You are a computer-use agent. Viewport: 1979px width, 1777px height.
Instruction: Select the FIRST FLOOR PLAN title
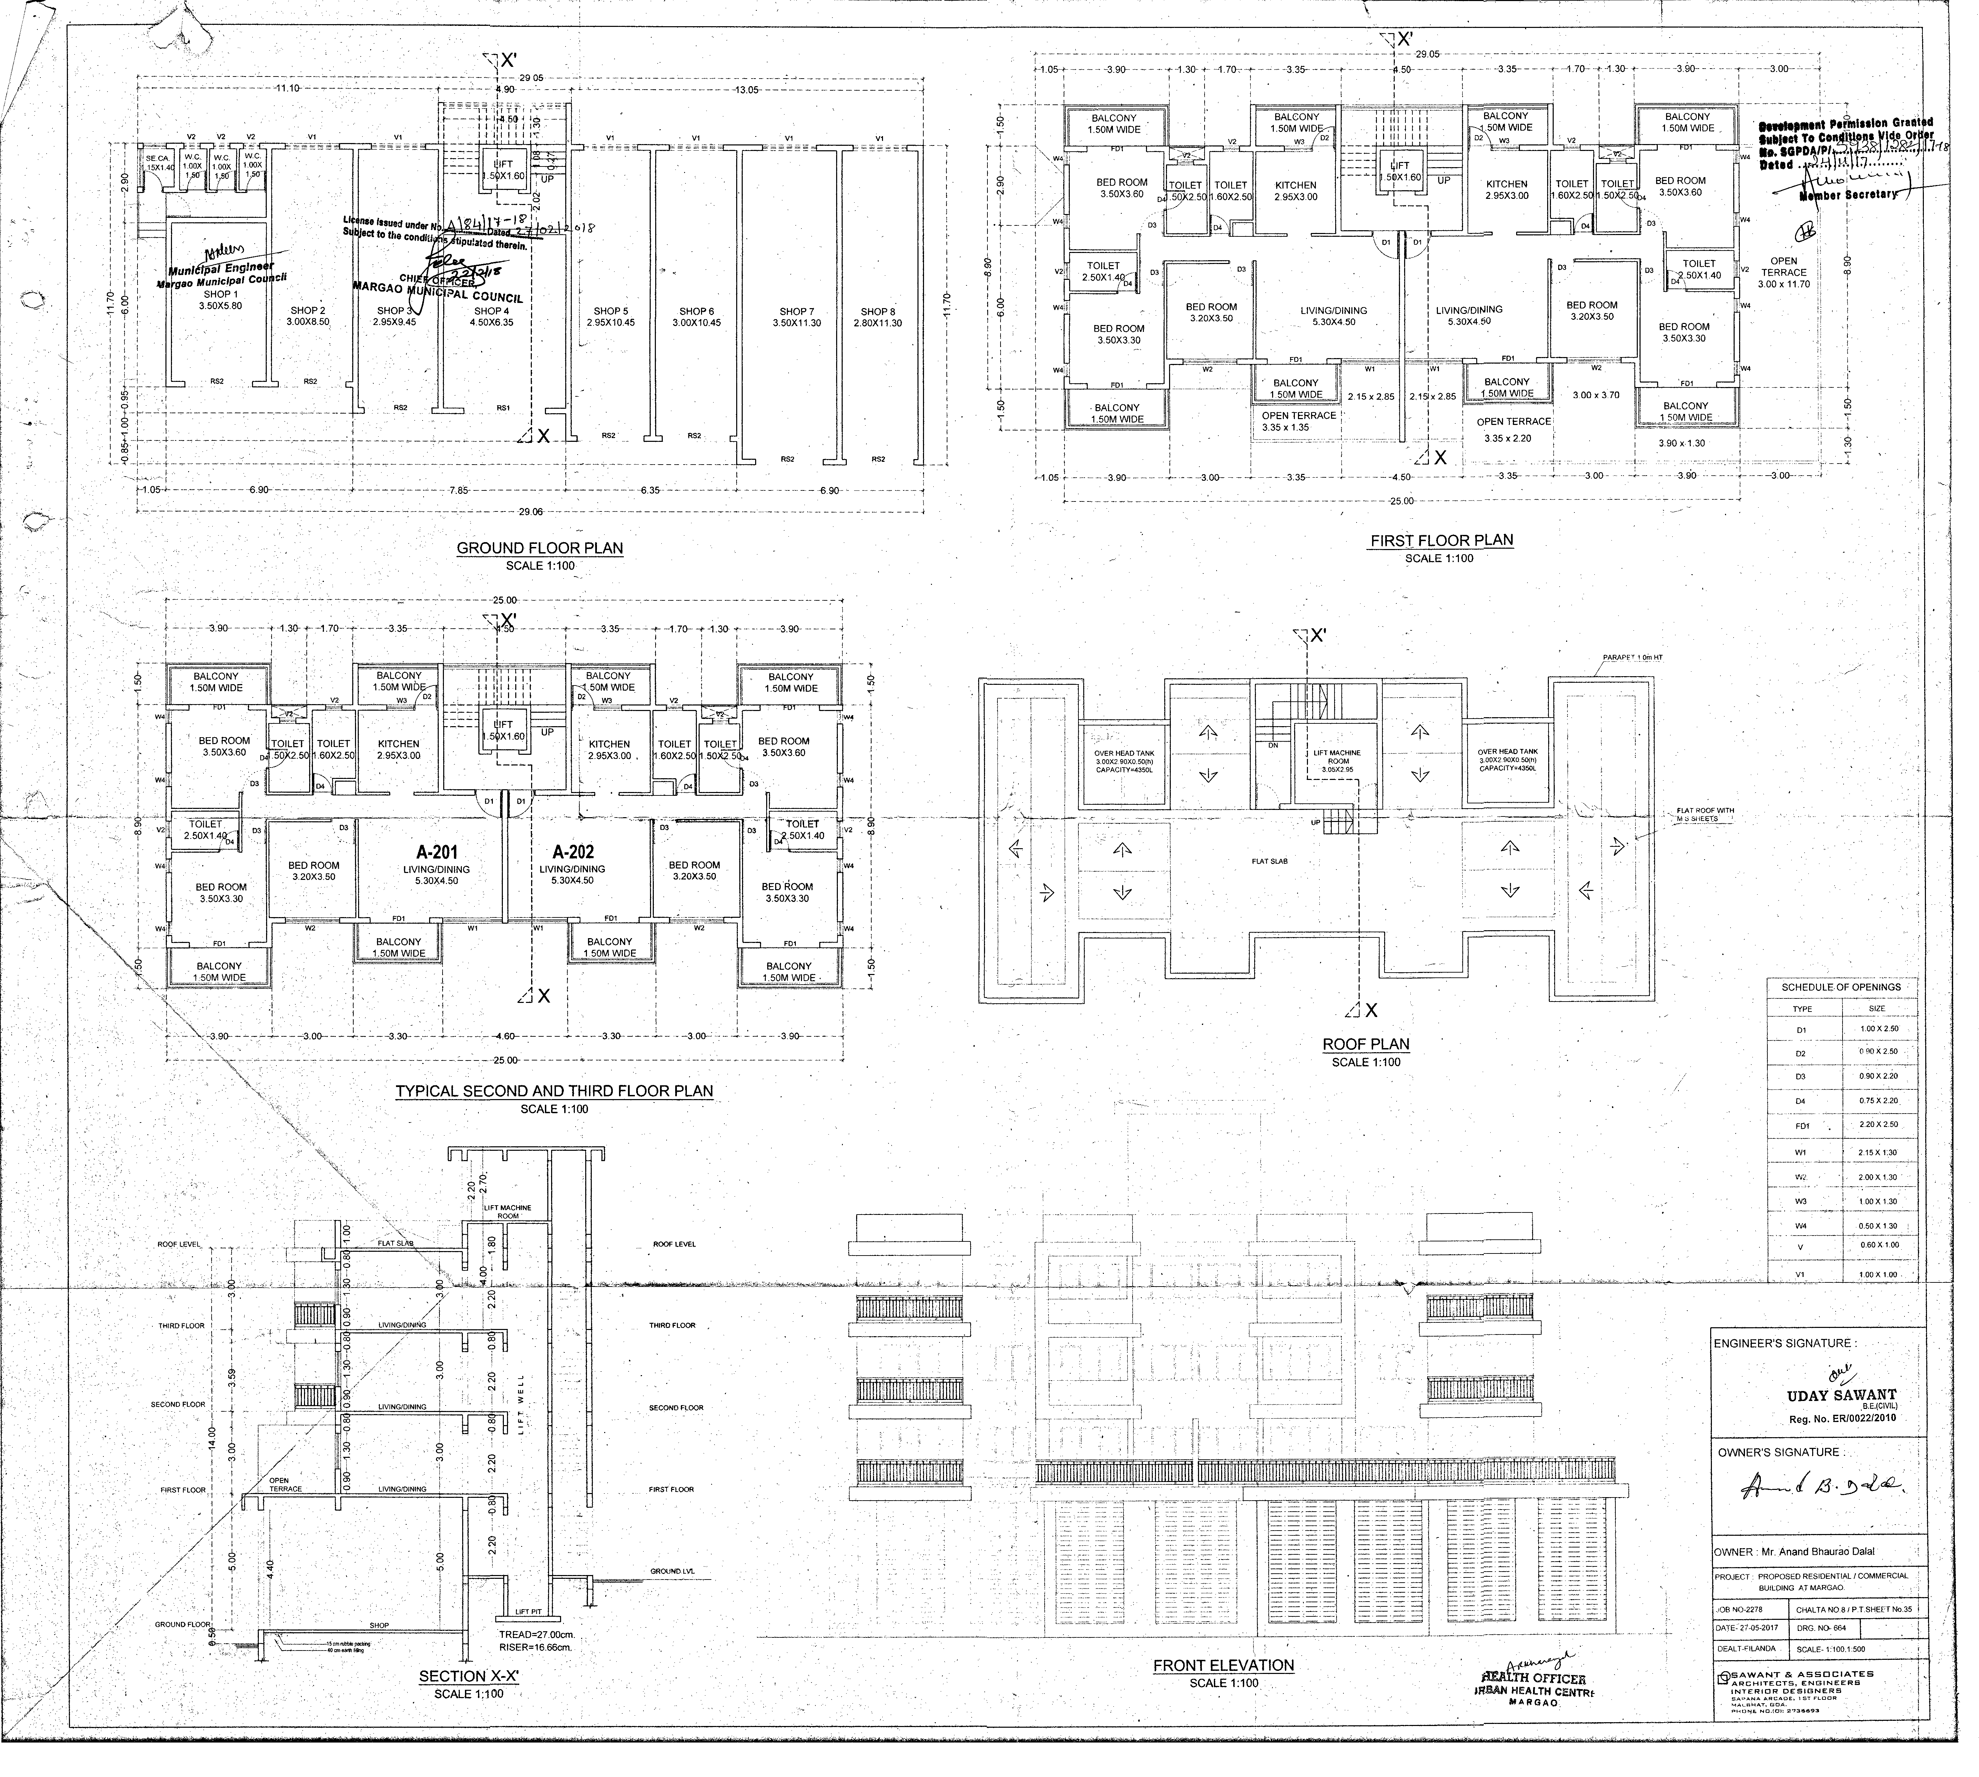pyautogui.click(x=1441, y=540)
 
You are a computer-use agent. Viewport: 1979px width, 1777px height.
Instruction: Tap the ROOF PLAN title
pyautogui.click(x=1366, y=1044)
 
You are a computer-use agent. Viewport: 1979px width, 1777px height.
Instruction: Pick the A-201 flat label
pyautogui.click(x=436, y=851)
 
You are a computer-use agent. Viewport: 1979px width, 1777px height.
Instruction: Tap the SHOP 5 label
pyautogui.click(x=611, y=313)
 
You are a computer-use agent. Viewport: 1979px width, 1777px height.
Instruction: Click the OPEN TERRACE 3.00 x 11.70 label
pyautogui.click(x=1784, y=272)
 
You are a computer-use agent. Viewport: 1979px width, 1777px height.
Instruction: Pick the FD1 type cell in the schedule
pyautogui.click(x=1802, y=1126)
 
